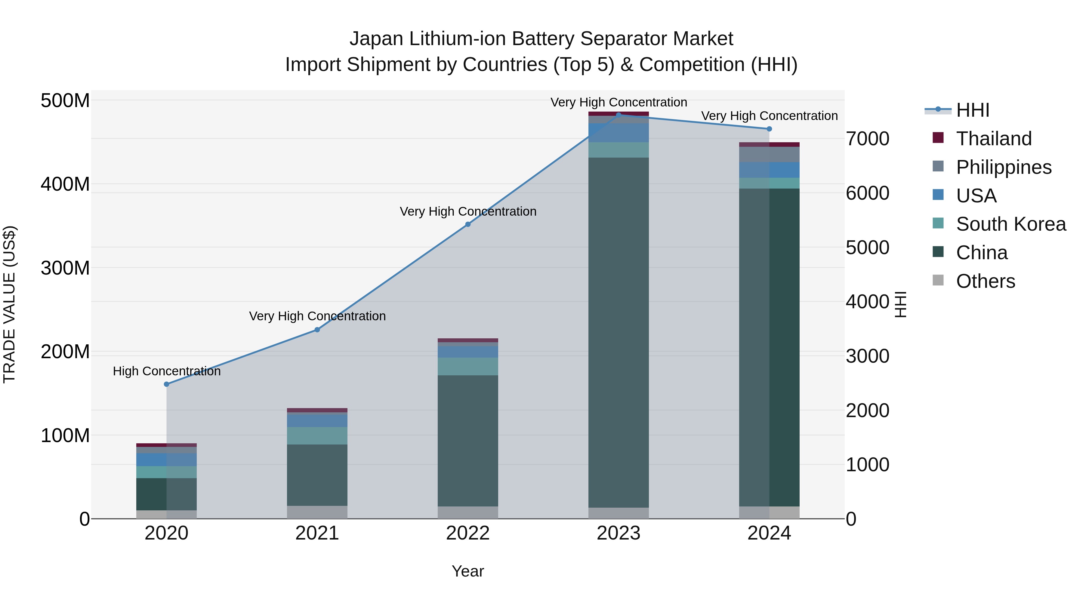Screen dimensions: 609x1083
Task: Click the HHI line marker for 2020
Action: tap(166, 384)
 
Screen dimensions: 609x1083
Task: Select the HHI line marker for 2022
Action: tap(467, 224)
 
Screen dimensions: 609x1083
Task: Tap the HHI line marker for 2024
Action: tap(769, 129)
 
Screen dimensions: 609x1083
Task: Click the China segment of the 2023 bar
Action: tap(619, 332)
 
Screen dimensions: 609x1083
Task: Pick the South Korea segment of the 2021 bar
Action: tap(317, 436)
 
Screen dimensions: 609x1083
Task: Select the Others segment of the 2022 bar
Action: tap(467, 512)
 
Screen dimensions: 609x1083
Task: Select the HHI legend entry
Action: tap(972, 110)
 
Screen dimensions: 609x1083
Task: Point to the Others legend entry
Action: tap(985, 281)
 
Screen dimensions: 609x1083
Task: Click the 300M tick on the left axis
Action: tap(65, 268)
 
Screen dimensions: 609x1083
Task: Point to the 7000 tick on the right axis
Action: tap(867, 139)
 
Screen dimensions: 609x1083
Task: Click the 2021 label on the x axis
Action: tap(317, 533)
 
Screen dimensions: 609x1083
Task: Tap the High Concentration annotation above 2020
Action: tap(166, 371)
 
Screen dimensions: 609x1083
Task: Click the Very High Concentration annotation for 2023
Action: tap(619, 102)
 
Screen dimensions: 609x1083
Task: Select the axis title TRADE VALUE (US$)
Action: tap(9, 304)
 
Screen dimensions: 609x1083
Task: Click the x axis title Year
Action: tap(467, 571)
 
